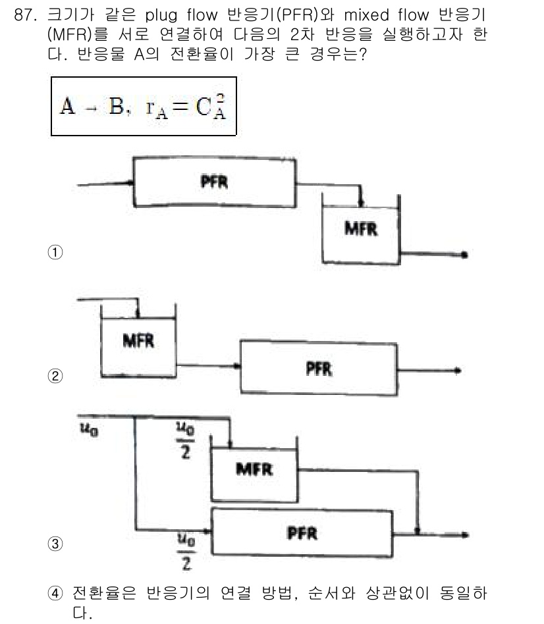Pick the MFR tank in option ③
click(x=254, y=469)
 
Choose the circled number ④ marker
click(x=55, y=593)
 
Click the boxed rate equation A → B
click(x=143, y=106)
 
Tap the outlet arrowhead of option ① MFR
click(x=466, y=255)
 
